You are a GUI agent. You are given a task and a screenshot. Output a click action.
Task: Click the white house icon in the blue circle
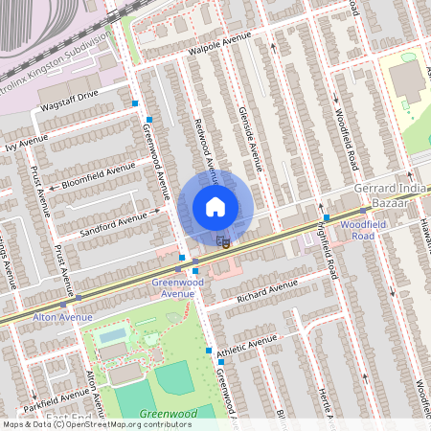pyautogui.click(x=215, y=206)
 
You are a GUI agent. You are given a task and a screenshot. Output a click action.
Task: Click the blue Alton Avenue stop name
pyautogui.click(x=63, y=316)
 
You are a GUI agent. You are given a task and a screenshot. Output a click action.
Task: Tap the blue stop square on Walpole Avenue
pyautogui.click(x=136, y=102)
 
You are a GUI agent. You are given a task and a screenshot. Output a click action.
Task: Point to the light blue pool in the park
pyautogui.click(x=112, y=335)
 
